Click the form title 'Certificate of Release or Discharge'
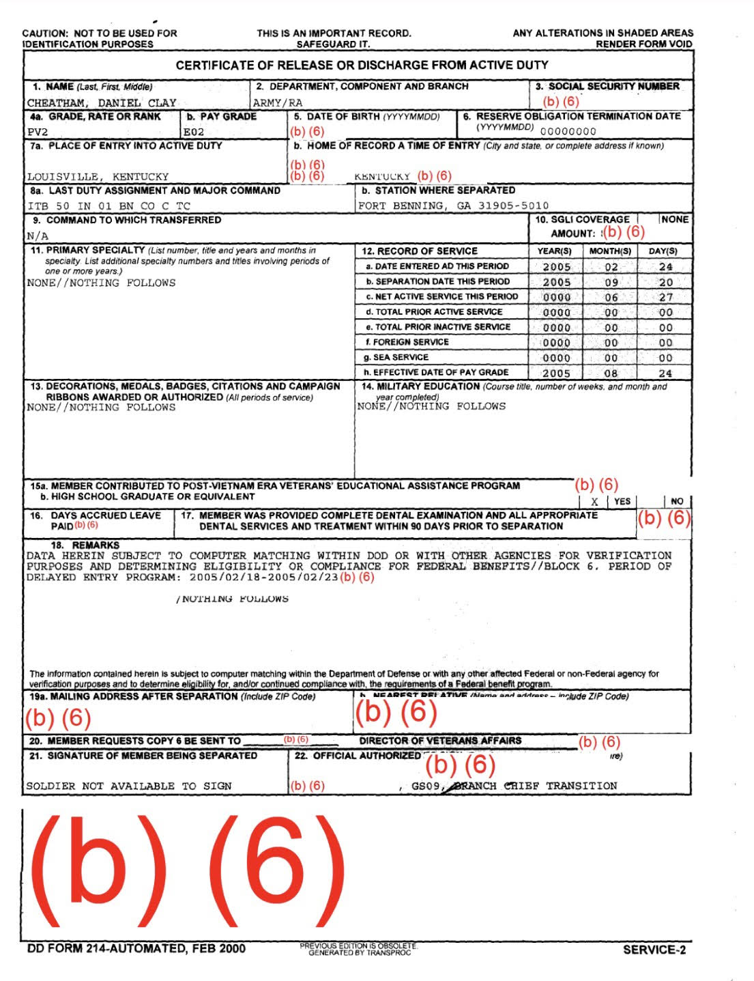[362, 66]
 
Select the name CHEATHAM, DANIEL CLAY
[102, 103]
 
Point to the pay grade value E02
[194, 132]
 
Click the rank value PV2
[38, 132]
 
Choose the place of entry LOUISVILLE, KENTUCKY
[98, 176]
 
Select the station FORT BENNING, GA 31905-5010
[453, 205]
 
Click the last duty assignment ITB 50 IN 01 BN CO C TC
[108, 205]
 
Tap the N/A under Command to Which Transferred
[38, 236]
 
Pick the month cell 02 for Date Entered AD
[611, 267]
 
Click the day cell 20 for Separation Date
[665, 282]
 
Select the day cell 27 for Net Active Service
[665, 297]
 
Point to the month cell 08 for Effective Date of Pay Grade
[611, 373]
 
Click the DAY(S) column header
[663, 251]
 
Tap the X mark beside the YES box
[594, 502]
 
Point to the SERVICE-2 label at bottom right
[654, 950]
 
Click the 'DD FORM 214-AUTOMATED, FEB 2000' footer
[136, 948]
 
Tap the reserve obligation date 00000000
[568, 132]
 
